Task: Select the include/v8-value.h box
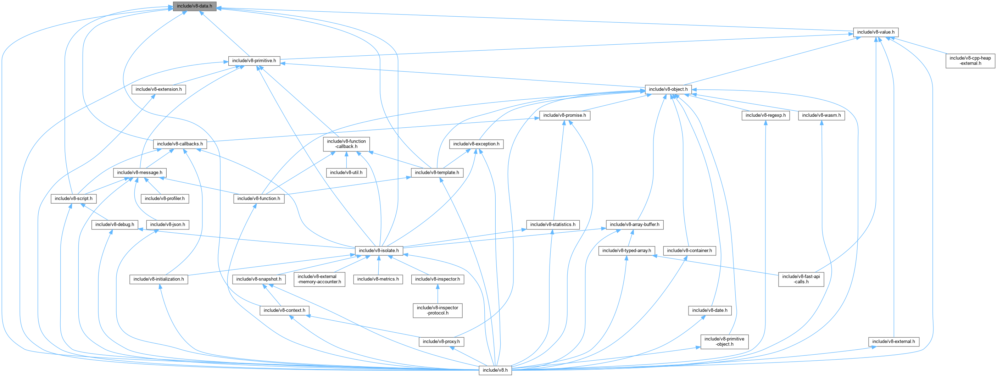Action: pos(875,32)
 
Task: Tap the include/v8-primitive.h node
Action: pos(254,61)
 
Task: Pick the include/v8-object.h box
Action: pos(668,89)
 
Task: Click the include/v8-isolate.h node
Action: pos(379,250)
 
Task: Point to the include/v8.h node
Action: pos(495,370)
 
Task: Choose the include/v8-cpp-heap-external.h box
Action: pos(970,61)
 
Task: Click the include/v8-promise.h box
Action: pos(564,115)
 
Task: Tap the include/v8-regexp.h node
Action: pos(765,115)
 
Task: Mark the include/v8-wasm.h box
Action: pos(821,115)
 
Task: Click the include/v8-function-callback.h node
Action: pos(346,144)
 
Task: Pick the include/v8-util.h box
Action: pos(346,173)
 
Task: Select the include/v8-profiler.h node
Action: pos(165,199)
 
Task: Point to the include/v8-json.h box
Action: pos(167,224)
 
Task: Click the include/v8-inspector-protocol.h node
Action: pos(438,310)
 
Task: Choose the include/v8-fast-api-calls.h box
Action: pos(801,279)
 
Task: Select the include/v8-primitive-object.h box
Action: pos(724,342)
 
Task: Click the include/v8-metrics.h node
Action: pos(378,279)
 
